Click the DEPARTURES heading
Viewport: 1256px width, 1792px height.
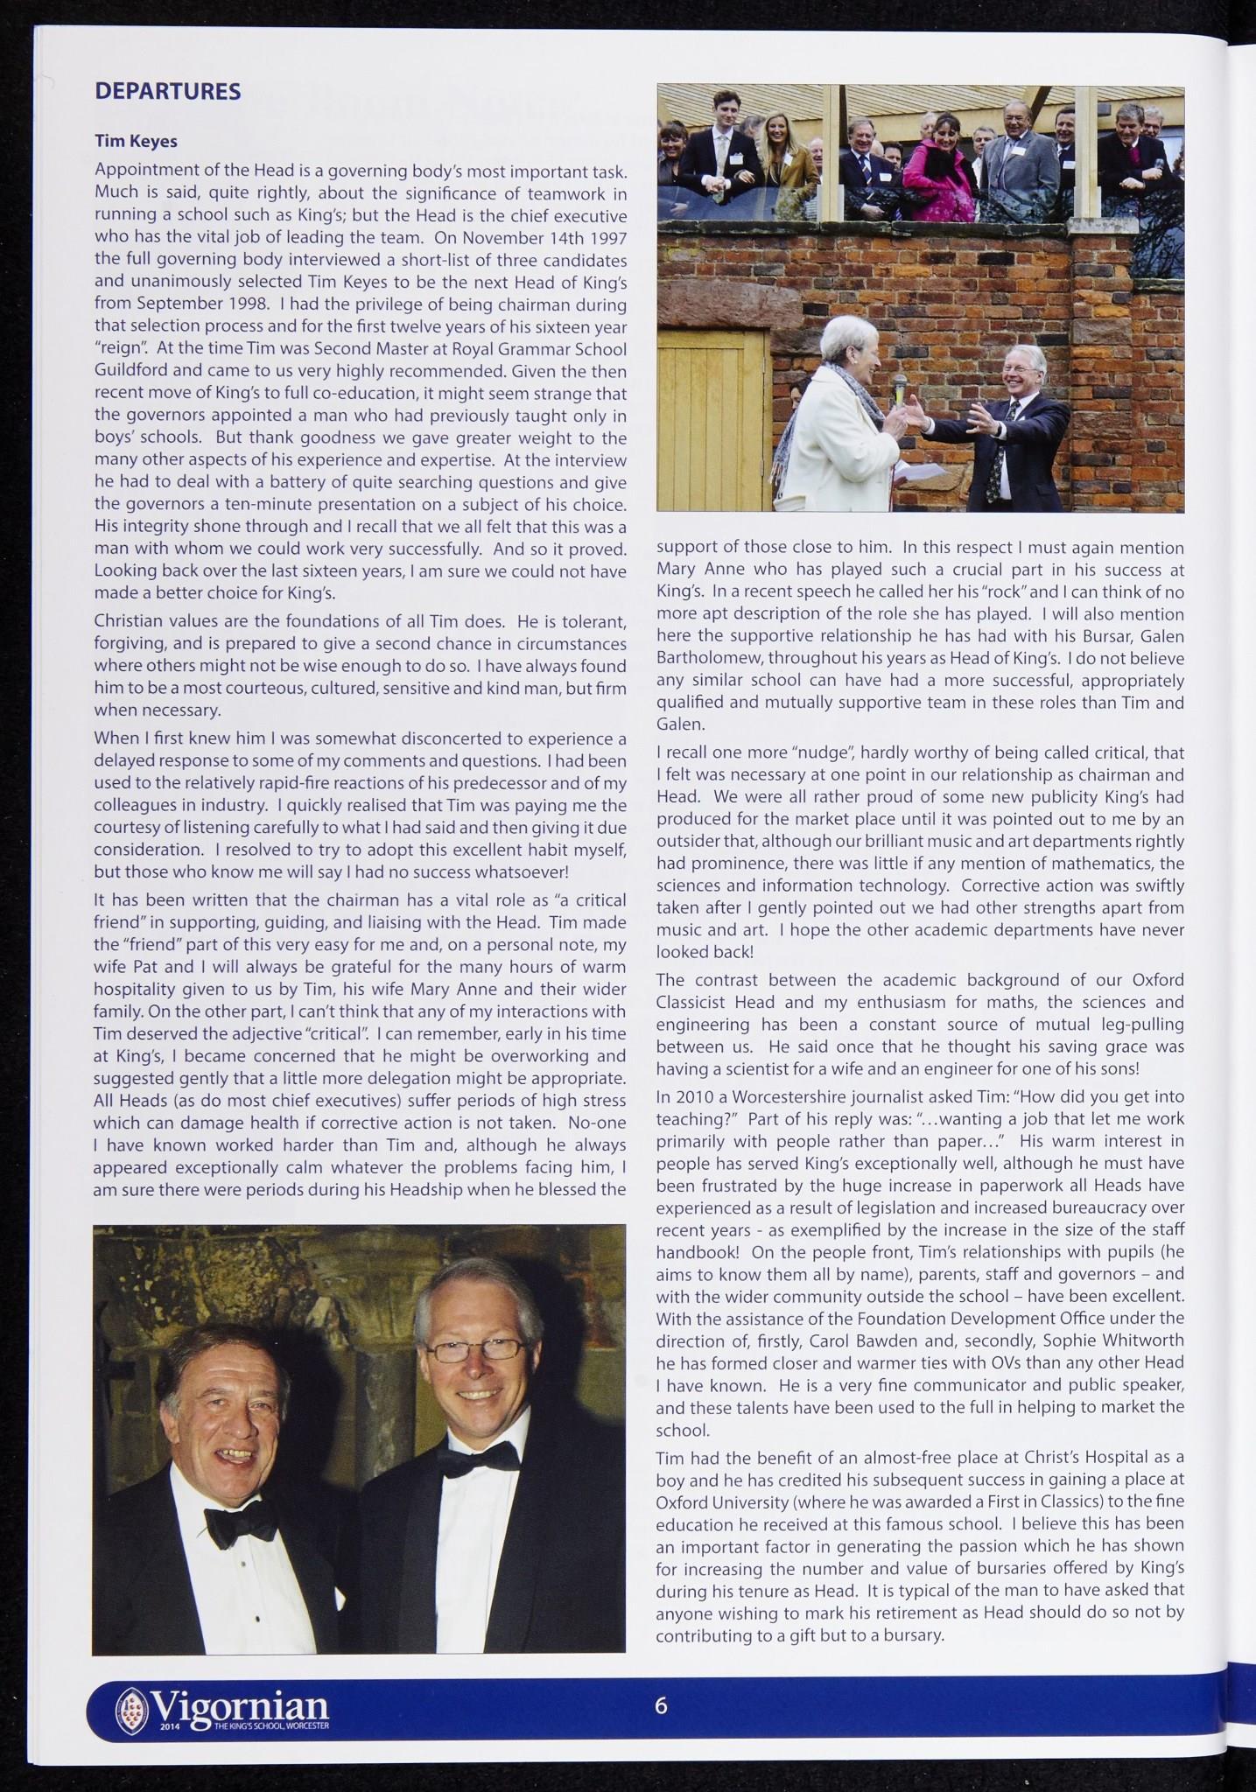point(167,92)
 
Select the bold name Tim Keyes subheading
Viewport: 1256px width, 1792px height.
point(136,140)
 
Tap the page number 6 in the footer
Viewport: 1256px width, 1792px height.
point(661,1705)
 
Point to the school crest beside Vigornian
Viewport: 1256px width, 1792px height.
point(132,1709)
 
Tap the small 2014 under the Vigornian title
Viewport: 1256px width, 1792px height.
point(170,1725)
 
